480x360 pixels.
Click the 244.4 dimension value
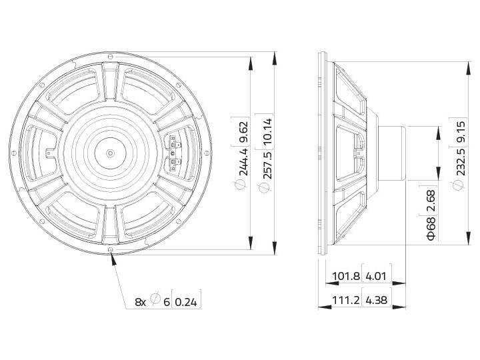point(243,161)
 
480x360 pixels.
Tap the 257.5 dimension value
point(267,161)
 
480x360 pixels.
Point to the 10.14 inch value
point(267,131)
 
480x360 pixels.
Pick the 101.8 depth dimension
point(346,276)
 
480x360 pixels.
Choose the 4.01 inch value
point(375,276)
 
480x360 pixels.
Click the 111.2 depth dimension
point(346,301)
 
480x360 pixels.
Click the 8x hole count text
point(140,301)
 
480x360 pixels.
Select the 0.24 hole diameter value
point(187,301)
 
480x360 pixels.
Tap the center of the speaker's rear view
point(110,152)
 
